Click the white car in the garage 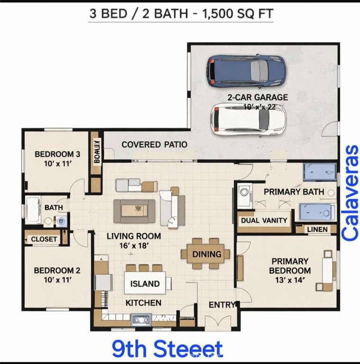pos(248,118)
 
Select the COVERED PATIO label pos(154,145)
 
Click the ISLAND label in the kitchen pos(145,284)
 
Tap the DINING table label pos(207,254)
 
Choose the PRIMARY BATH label pos(294,192)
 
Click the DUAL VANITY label pos(264,220)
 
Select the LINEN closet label pos(317,229)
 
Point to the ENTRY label pos(222,305)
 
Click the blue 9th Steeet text pos(167,349)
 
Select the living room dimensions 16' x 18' pos(133,245)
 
